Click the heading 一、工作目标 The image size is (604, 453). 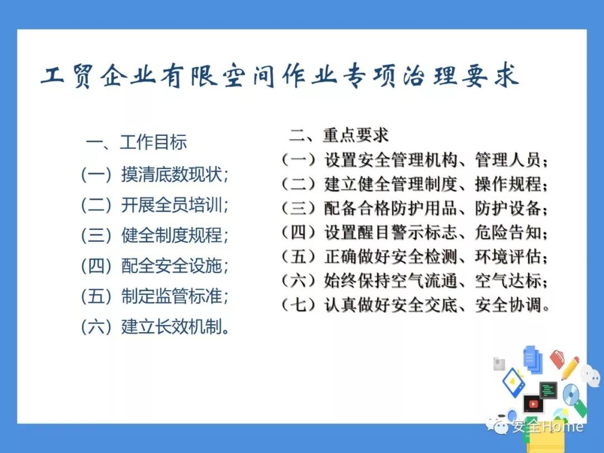point(136,142)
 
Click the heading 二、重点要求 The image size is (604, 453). point(338,135)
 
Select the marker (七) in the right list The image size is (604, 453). point(299,305)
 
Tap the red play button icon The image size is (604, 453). point(534,403)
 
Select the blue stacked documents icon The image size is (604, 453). point(533,359)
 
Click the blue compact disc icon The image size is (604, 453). point(571,395)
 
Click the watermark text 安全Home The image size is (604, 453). point(548,426)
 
